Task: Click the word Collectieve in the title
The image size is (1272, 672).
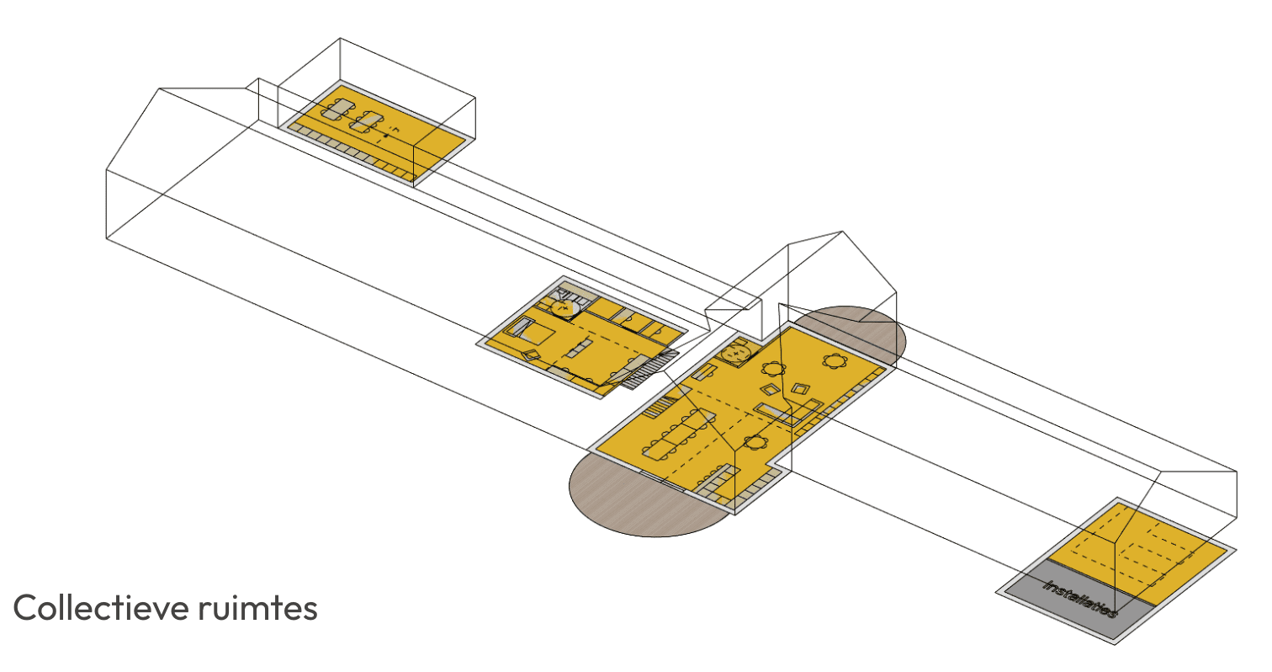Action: pyautogui.click(x=101, y=607)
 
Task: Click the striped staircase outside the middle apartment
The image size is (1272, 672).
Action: pyautogui.click(x=651, y=369)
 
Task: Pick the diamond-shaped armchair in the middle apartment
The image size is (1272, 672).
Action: pyautogui.click(x=532, y=355)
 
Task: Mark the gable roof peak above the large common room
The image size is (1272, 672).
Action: pyautogui.click(x=842, y=232)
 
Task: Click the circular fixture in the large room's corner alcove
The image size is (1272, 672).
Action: pyautogui.click(x=735, y=354)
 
